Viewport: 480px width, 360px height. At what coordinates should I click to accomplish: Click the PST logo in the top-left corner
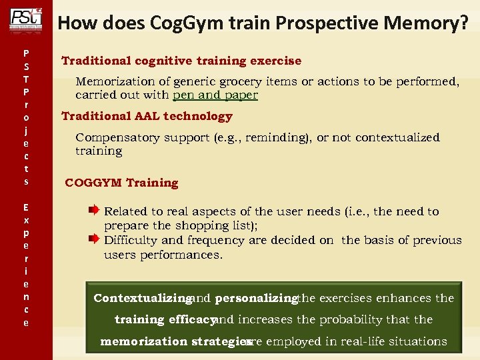[x=26, y=19]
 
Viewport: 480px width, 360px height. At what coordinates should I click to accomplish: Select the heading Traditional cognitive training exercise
[x=181, y=61]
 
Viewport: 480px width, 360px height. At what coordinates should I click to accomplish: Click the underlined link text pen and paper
[x=215, y=95]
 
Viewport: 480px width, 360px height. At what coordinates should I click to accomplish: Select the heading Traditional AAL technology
[x=147, y=116]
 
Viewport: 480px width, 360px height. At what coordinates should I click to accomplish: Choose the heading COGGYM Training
[x=121, y=183]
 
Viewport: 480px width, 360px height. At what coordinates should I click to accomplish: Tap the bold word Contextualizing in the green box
[x=143, y=298]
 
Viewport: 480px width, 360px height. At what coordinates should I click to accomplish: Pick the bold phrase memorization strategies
[x=171, y=341]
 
